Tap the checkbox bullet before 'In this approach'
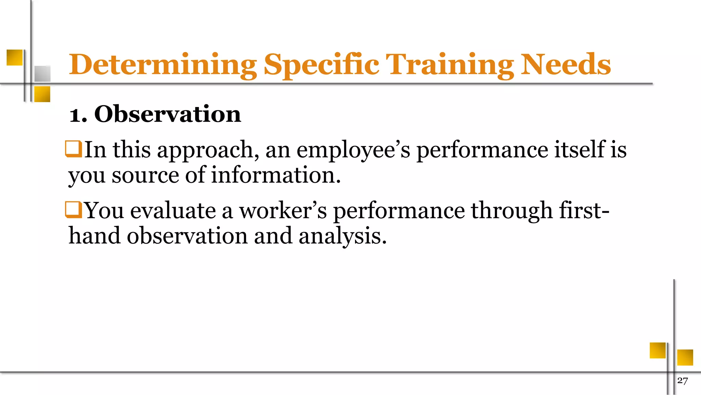point(73,149)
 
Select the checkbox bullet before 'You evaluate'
point(73,210)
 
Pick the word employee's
point(353,150)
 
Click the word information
point(276,175)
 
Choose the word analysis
point(342,236)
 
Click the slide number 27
point(683,381)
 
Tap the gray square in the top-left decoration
point(42,74)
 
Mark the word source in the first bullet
point(145,175)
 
